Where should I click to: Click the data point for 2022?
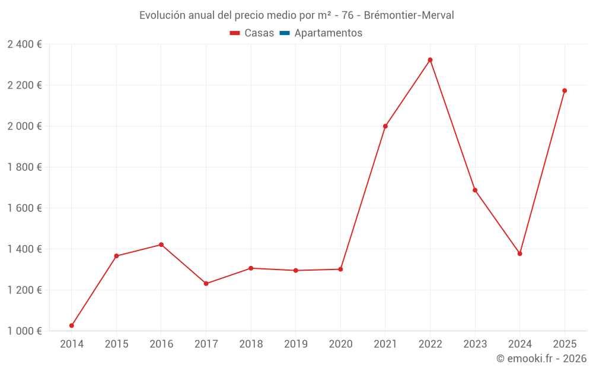pyautogui.click(x=430, y=60)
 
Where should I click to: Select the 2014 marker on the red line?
pyautogui.click(x=72, y=325)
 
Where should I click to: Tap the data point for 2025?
pyautogui.click(x=565, y=91)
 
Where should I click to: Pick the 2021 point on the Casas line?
pyautogui.click(x=385, y=126)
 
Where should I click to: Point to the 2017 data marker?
pyautogui.click(x=206, y=284)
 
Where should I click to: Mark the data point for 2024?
pyautogui.click(x=519, y=253)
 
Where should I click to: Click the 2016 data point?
pyautogui.click(x=161, y=245)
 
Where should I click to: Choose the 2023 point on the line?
pyautogui.click(x=475, y=190)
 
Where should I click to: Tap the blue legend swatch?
pyautogui.click(x=285, y=33)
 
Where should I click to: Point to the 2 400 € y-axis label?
pyautogui.click(x=24, y=45)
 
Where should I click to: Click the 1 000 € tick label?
pyautogui.click(x=24, y=331)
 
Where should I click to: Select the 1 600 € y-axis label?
pyautogui.click(x=24, y=208)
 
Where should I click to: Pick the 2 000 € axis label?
pyautogui.click(x=24, y=126)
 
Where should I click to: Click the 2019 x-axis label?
pyautogui.click(x=295, y=344)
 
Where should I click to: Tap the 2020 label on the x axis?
pyautogui.click(x=340, y=344)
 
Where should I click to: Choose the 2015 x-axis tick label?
pyautogui.click(x=116, y=344)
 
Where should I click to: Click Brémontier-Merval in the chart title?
pyautogui.click(x=410, y=15)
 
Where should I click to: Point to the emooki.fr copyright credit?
pyautogui.click(x=541, y=359)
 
